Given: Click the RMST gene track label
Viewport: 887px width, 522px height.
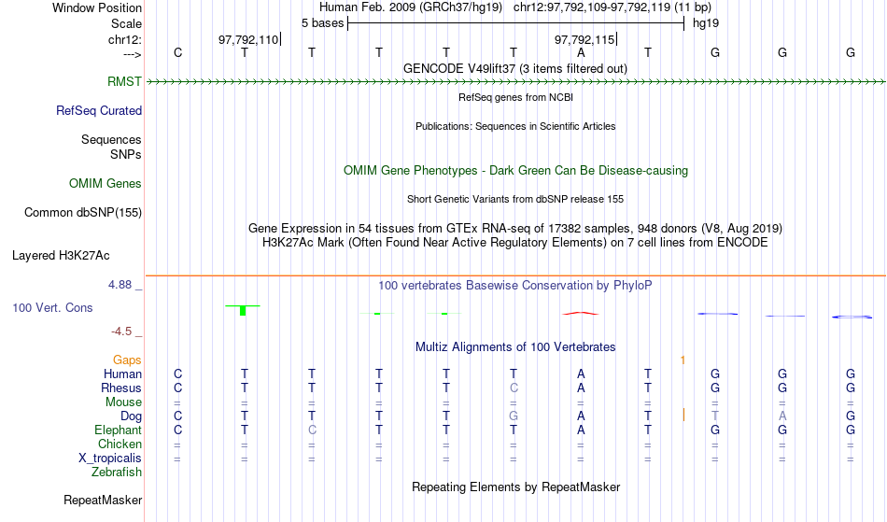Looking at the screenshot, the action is tap(124, 82).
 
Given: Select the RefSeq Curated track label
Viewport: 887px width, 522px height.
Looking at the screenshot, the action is tap(99, 111).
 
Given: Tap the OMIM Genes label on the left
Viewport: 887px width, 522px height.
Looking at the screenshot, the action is tap(106, 184).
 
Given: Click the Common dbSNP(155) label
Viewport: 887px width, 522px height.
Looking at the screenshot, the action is tap(83, 213).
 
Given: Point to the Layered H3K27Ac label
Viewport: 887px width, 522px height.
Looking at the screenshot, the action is tap(61, 256).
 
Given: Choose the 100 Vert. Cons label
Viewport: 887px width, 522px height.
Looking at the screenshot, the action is tap(52, 307).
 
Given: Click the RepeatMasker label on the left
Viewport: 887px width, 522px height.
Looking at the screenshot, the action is tap(103, 501).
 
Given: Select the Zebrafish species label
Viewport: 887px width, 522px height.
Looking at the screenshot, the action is tap(117, 473).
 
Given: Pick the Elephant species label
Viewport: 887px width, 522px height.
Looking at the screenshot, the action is tap(119, 430).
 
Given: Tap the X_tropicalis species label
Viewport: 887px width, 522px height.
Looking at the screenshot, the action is tap(110, 459).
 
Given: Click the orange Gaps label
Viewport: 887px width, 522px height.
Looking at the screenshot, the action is tap(127, 360).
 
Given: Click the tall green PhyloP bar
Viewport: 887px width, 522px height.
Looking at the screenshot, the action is tap(243, 310).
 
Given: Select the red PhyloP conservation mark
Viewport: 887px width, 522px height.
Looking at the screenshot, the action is tap(581, 313).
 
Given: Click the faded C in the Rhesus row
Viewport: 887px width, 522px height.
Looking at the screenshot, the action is tap(514, 388).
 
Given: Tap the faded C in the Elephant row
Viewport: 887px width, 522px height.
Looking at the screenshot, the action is tap(312, 430).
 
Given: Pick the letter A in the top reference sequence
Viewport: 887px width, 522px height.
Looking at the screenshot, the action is tap(581, 53).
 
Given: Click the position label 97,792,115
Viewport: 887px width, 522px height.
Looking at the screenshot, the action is tap(584, 39).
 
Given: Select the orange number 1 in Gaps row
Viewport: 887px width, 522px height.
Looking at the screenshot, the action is tap(683, 360).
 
